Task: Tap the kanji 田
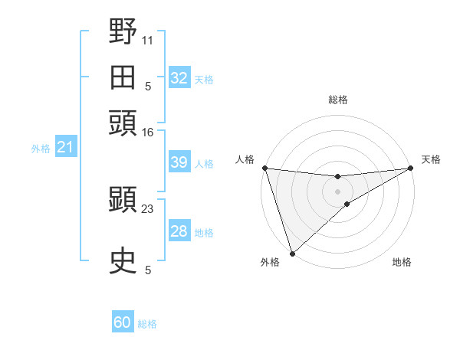(x=123, y=77)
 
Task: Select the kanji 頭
(x=123, y=123)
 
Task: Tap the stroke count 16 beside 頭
(x=148, y=133)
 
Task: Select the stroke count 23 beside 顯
(x=148, y=208)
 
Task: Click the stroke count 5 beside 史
(x=148, y=270)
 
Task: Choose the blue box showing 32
(x=179, y=78)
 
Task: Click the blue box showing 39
(x=179, y=162)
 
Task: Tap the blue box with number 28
(x=179, y=231)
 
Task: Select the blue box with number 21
(x=65, y=148)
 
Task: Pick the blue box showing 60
(x=123, y=322)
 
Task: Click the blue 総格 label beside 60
(x=148, y=324)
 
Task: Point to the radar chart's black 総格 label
(x=338, y=100)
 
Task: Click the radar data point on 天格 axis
(x=411, y=169)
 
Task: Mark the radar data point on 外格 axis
(x=292, y=253)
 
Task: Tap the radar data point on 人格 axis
(x=264, y=168)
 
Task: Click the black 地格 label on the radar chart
(x=402, y=263)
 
